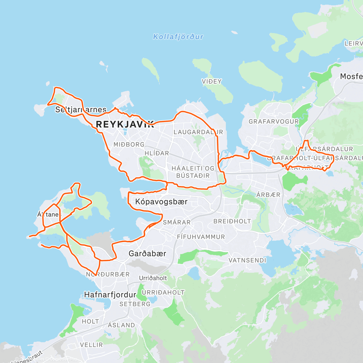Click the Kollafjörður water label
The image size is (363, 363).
[178, 37]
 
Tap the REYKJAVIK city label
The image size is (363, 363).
[125, 124]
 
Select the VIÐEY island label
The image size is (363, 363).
[212, 81]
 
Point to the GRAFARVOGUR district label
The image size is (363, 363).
[273, 122]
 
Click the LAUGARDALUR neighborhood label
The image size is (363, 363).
[198, 132]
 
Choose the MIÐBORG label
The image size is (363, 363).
[129, 145]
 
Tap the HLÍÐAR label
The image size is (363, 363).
[157, 153]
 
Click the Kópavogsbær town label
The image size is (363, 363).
[161, 202]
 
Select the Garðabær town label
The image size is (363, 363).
[147, 253]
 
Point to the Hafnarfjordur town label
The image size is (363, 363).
[110, 295]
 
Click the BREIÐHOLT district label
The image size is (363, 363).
[232, 221]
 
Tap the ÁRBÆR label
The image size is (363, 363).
[268, 195]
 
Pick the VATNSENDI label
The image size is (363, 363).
[247, 260]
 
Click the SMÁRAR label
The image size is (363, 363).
[177, 222]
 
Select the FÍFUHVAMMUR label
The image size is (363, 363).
[201, 237]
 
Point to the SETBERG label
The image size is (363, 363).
[135, 304]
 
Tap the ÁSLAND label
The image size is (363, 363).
[121, 325]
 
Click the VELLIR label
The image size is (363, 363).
[91, 345]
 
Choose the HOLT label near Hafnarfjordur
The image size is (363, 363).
[90, 322]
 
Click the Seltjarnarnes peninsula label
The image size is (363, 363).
[81, 110]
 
